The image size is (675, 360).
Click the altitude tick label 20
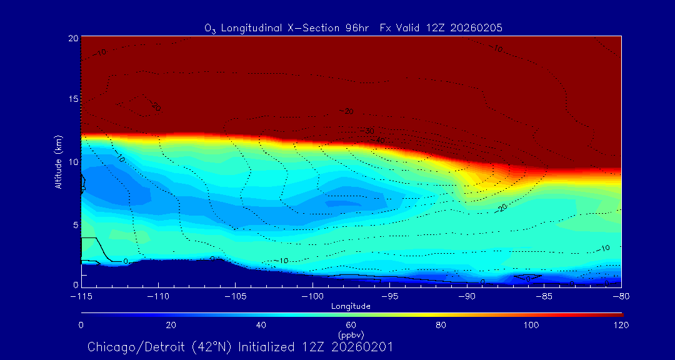click(73, 38)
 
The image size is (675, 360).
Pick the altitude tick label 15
click(73, 100)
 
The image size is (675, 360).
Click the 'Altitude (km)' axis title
click(59, 162)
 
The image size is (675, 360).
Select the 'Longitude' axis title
click(351, 306)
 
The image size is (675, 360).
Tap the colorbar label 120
click(621, 325)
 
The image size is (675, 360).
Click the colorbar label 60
click(351, 325)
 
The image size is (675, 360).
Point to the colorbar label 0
click(81, 325)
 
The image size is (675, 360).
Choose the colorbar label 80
click(441, 325)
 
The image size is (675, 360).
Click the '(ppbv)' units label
click(351, 335)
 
